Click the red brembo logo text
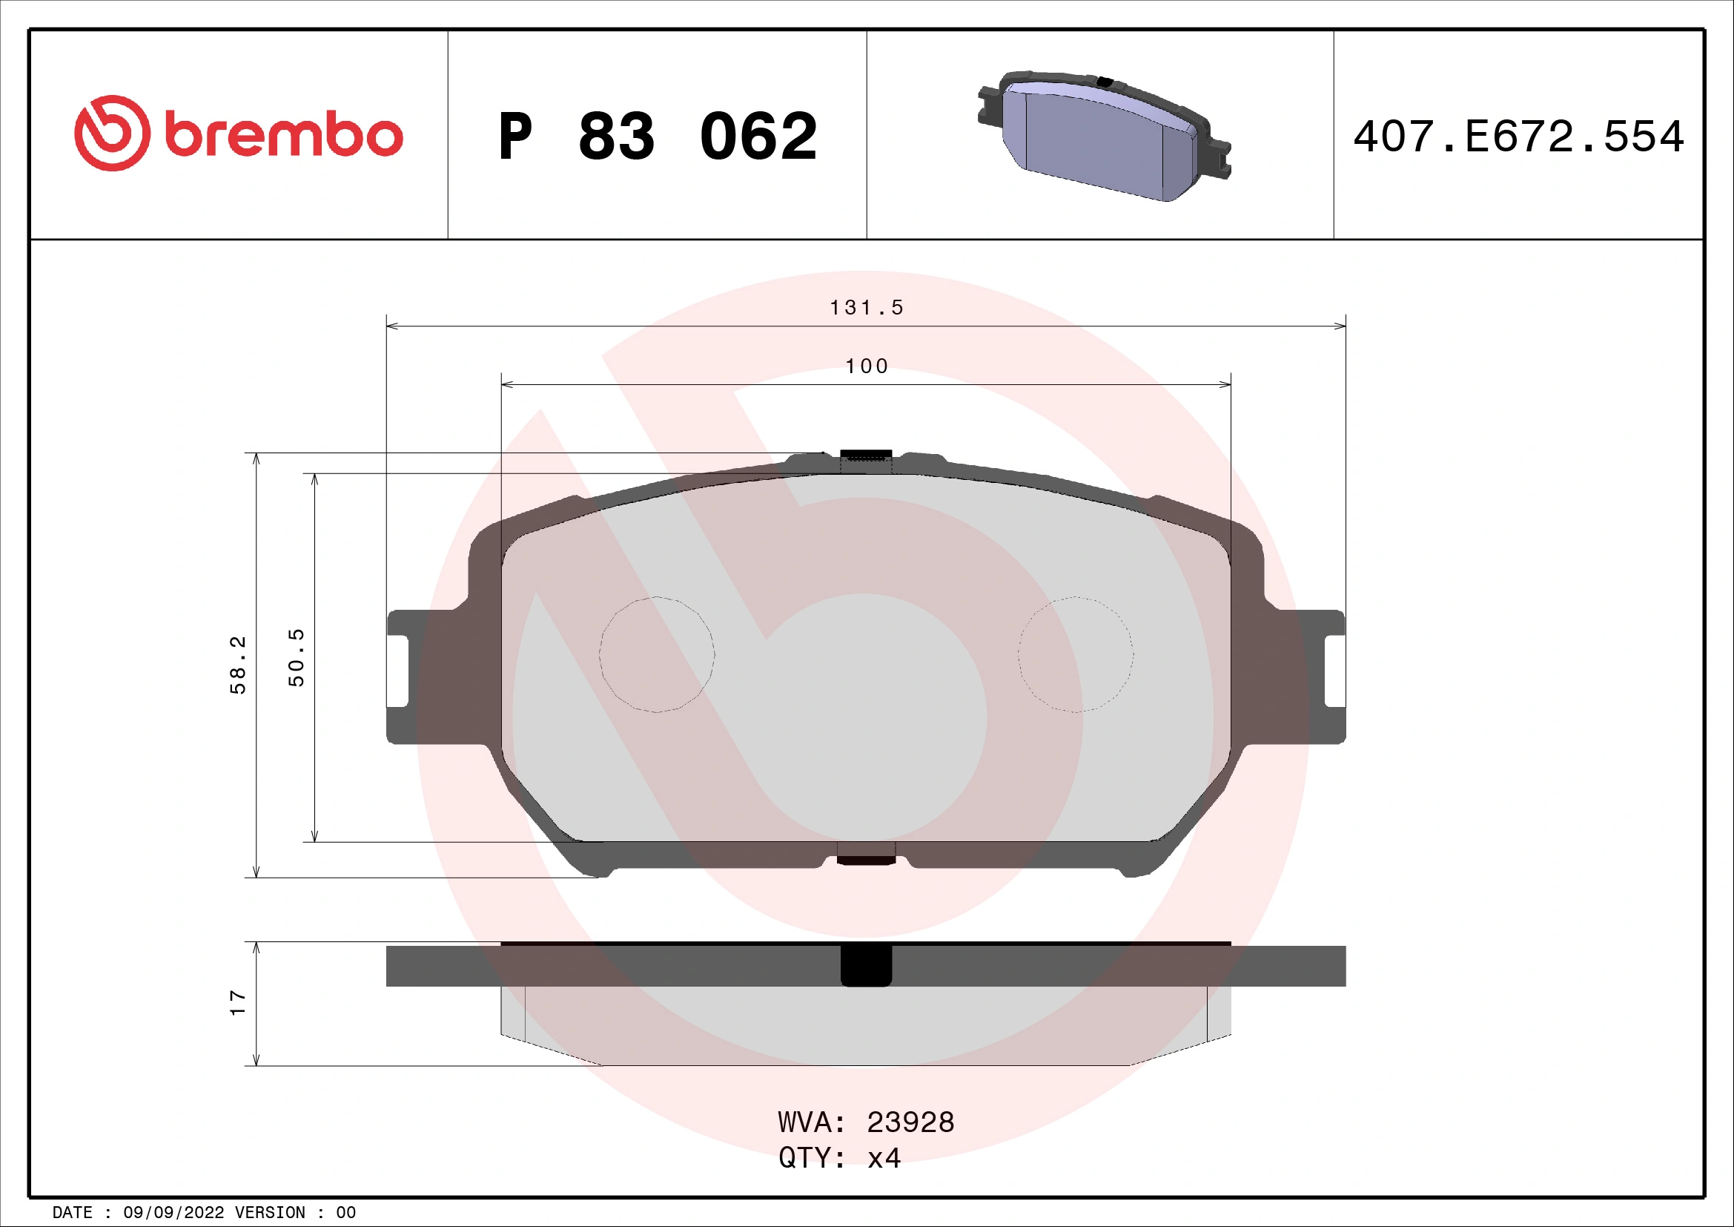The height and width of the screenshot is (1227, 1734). click(283, 136)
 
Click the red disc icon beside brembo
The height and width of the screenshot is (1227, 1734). click(108, 133)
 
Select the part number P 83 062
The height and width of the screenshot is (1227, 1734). click(657, 136)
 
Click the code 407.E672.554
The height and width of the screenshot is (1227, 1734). click(1518, 136)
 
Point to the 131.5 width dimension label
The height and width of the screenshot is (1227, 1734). click(866, 308)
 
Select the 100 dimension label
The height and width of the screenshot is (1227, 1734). click(866, 366)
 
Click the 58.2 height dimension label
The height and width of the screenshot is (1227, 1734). click(238, 665)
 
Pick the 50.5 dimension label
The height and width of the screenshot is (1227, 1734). click(297, 657)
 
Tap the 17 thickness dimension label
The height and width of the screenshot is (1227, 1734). click(238, 1004)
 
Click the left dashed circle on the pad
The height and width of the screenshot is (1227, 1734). click(656, 654)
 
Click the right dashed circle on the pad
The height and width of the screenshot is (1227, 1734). click(1076, 654)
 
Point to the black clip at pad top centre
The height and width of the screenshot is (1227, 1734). click(866, 455)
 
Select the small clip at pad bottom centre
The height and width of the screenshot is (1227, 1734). click(866, 859)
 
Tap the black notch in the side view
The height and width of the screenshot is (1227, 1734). click(866, 966)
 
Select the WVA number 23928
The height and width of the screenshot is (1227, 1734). click(910, 1122)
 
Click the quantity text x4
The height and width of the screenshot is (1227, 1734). click(884, 1158)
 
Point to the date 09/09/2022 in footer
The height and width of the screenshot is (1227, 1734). click(173, 1213)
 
